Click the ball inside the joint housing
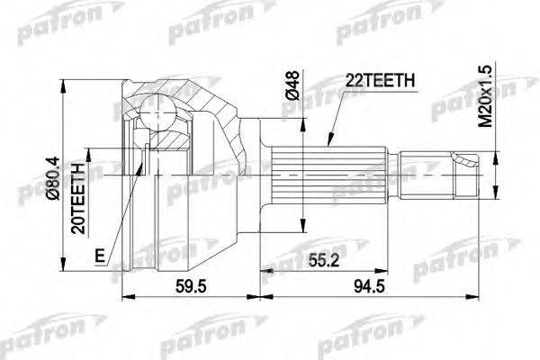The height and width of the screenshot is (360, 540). pos(161,114)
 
